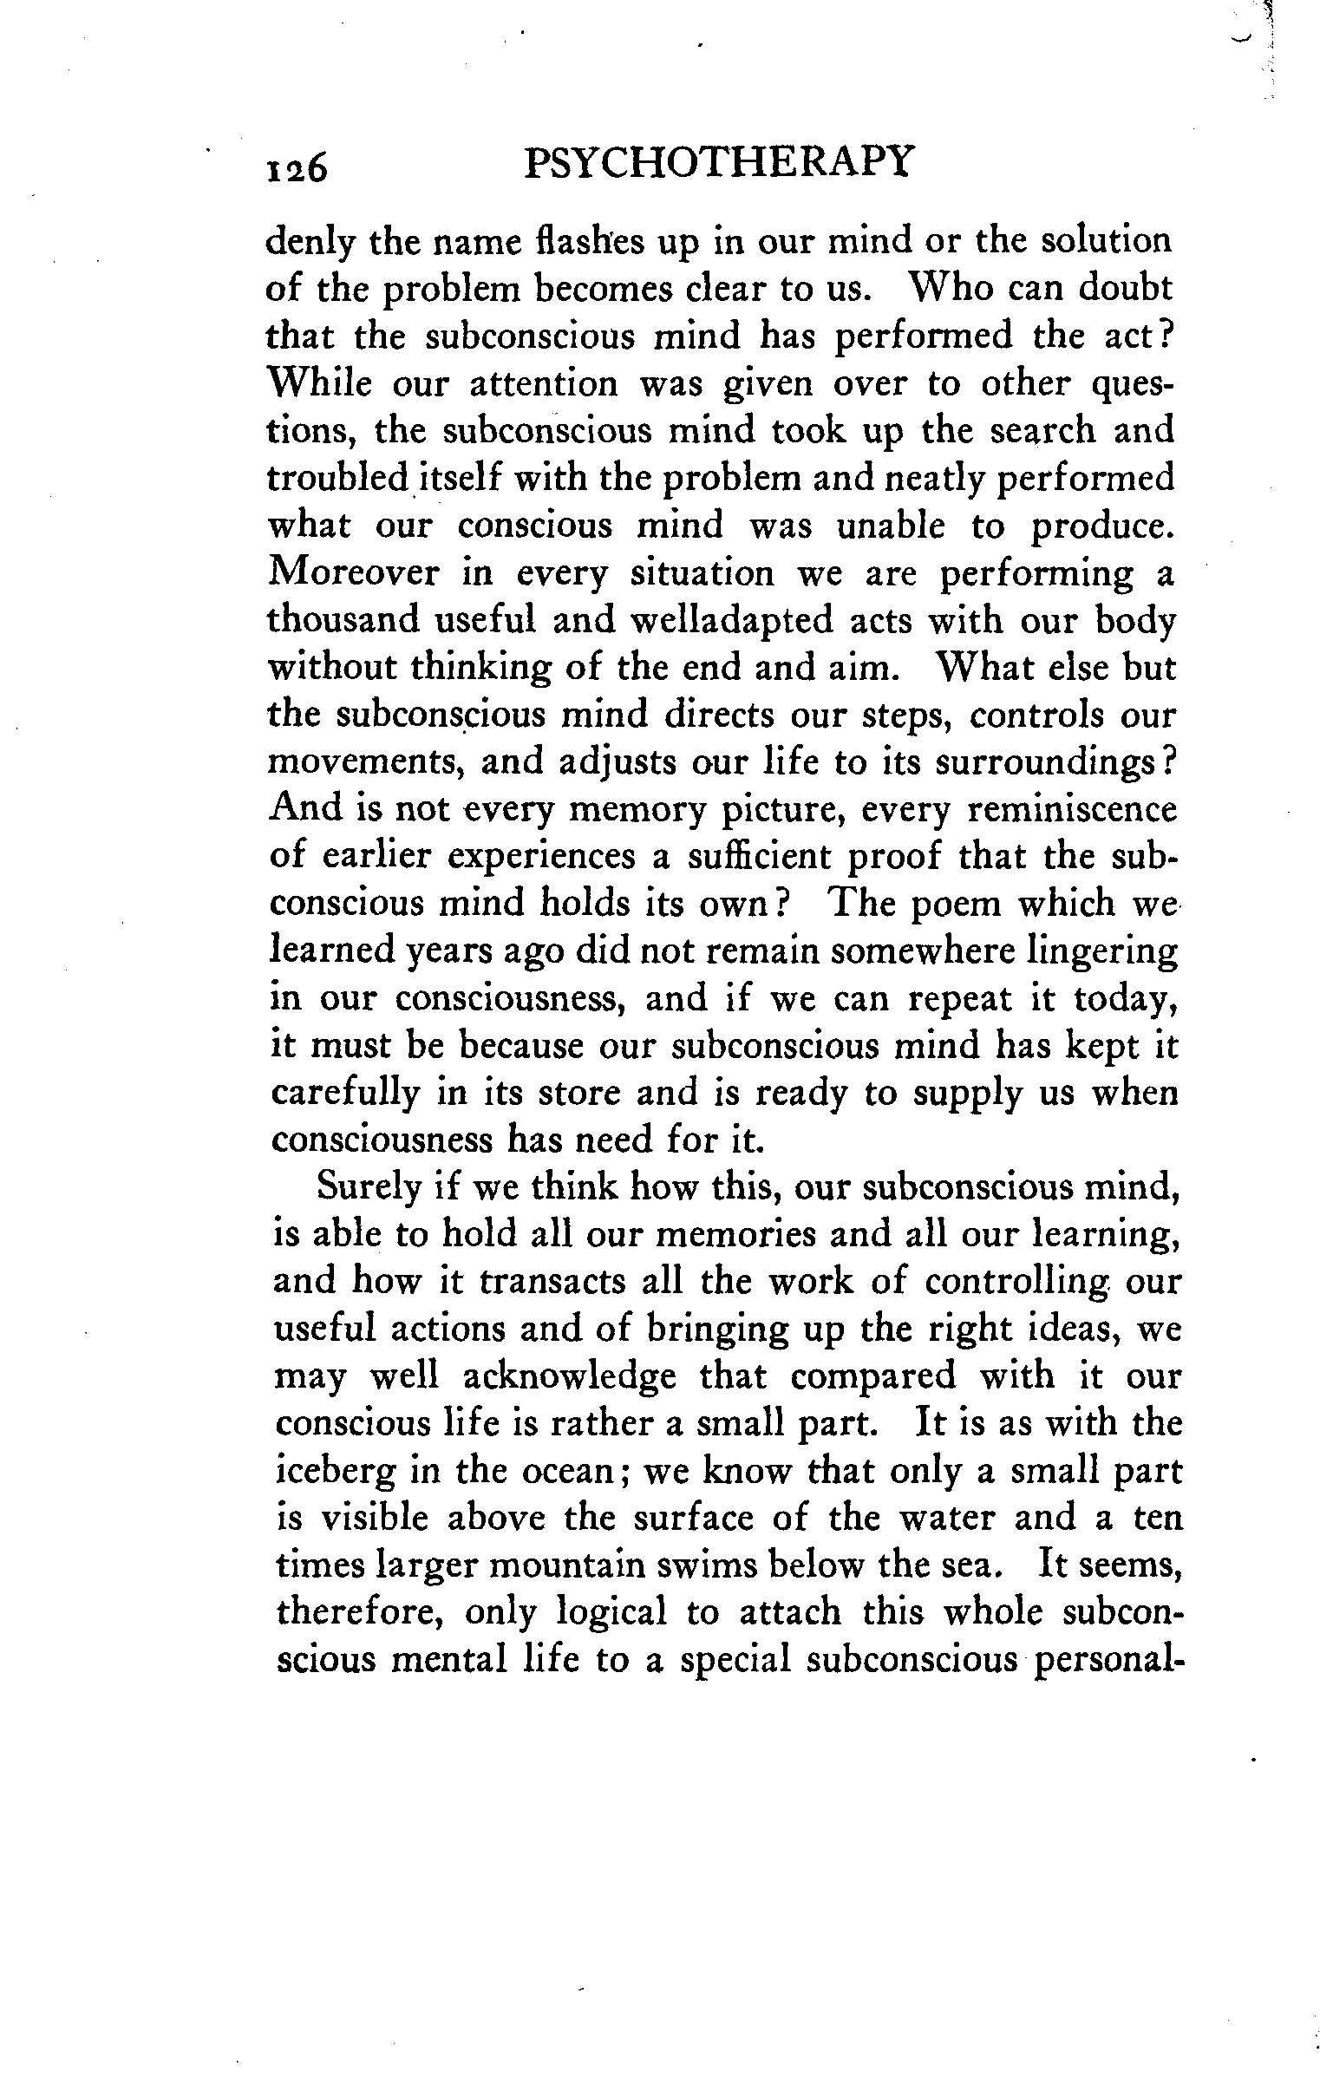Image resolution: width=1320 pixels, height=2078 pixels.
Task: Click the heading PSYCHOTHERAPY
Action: click(x=719, y=162)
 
